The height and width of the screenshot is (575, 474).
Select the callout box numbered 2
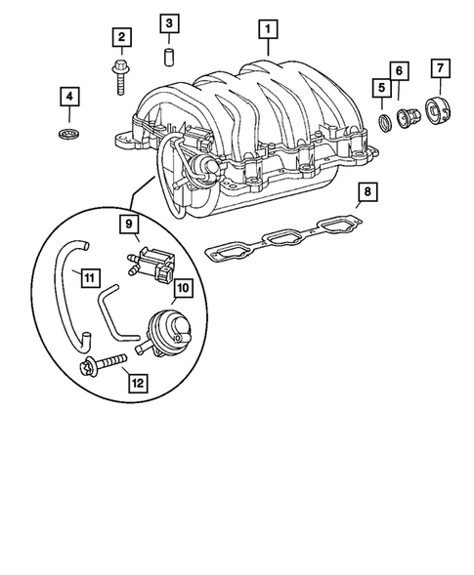[122, 37]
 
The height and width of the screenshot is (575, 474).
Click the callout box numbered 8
[366, 194]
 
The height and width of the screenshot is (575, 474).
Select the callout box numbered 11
[88, 278]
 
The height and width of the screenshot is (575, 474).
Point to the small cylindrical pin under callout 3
[168, 57]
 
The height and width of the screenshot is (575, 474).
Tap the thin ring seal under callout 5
[384, 120]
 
